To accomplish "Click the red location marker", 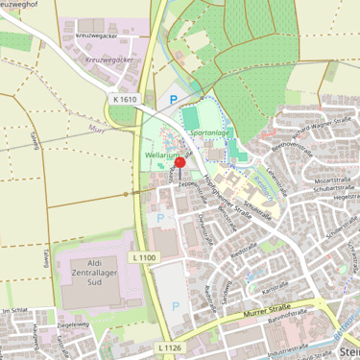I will click(x=180, y=163).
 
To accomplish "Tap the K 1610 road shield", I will click(x=125, y=100).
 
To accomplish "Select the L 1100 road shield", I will click(x=142, y=257).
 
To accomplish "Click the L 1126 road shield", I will click(x=167, y=348).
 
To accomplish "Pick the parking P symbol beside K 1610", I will click(x=174, y=98).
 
